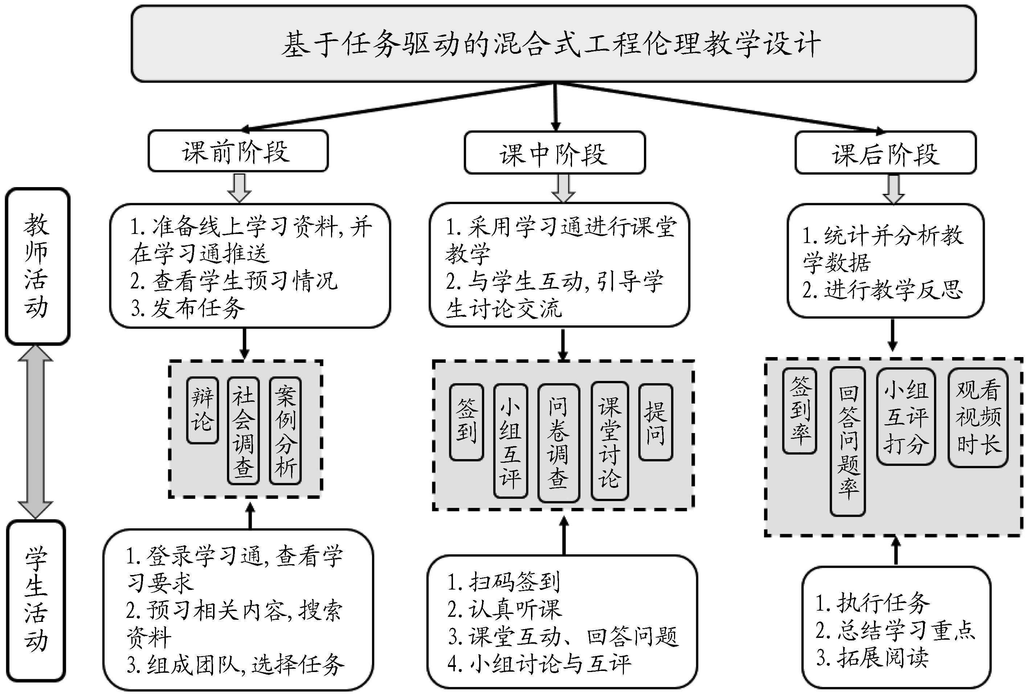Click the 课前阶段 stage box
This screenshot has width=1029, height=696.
238,151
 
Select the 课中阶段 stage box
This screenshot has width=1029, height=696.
554,153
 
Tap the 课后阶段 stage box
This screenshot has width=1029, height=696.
885,153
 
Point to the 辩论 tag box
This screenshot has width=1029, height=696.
202,410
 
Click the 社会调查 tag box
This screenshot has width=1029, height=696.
243,430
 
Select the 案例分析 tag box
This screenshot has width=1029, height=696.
285,430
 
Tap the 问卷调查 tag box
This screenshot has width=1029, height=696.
558,442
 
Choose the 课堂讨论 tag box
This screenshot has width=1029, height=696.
610,441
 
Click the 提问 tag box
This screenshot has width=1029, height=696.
655,422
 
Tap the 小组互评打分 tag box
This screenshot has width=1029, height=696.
906,416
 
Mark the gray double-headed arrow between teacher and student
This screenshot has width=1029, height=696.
36,432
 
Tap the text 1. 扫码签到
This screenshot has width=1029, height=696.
504,582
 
